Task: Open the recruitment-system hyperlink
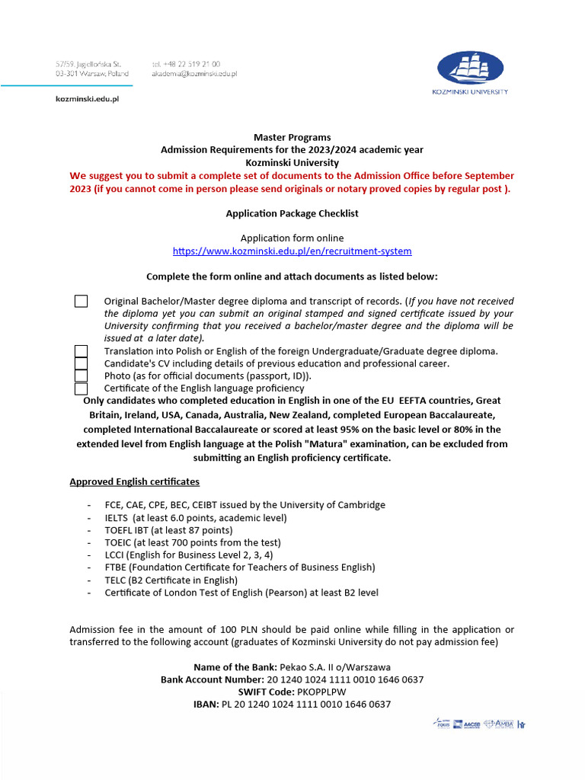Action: coord(292,251)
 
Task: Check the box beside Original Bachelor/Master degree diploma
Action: coord(81,301)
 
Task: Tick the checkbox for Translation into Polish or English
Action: coord(81,351)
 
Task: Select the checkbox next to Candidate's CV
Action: coord(81,363)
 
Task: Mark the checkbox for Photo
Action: coord(81,376)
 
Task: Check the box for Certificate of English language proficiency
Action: coord(81,388)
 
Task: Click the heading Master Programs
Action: coord(292,138)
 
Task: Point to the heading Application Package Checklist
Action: coord(292,213)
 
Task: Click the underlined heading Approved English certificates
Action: coord(135,481)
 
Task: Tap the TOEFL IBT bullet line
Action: coord(169,529)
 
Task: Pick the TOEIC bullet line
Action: coord(193,542)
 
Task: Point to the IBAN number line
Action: coord(292,704)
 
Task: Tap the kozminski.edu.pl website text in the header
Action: coord(87,98)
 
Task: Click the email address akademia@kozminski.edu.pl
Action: coord(194,74)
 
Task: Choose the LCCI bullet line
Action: coord(189,555)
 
